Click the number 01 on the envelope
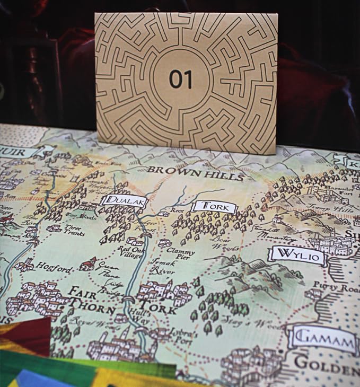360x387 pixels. point(181,79)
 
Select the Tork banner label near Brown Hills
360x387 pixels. point(214,207)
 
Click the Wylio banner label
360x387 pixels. point(296,256)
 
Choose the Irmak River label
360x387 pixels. point(163,267)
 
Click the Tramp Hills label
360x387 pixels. point(338,210)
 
